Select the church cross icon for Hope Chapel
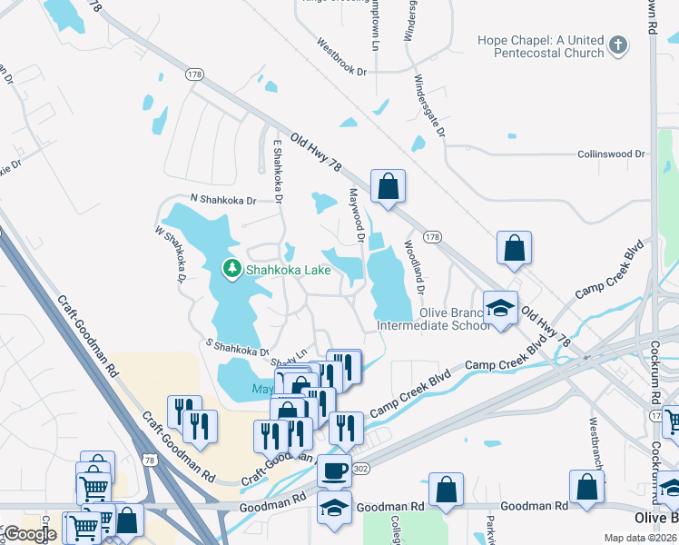(x=618, y=45)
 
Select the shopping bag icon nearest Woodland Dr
(x=514, y=247)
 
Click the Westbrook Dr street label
(x=341, y=56)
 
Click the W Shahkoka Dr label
(x=171, y=256)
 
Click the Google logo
(x=30, y=535)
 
